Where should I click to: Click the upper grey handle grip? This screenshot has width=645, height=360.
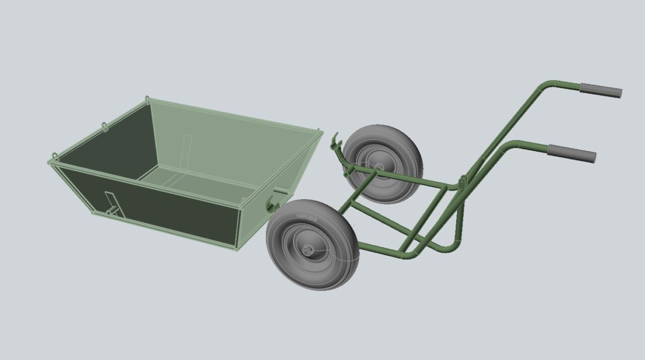pos(601,91)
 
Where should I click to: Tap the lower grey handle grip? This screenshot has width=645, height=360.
pos(572,152)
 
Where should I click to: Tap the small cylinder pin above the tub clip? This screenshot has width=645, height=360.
pos(281,191)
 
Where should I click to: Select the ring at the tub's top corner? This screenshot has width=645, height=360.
pos(147,99)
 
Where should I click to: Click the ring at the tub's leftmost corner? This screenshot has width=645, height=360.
pos(54,157)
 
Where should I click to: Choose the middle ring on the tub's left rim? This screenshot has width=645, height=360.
pos(105,126)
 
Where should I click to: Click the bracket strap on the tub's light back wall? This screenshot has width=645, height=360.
pos(187,147)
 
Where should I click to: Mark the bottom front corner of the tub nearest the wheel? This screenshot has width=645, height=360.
pos(237,249)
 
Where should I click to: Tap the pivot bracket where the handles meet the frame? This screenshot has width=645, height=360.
pos(462,181)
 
